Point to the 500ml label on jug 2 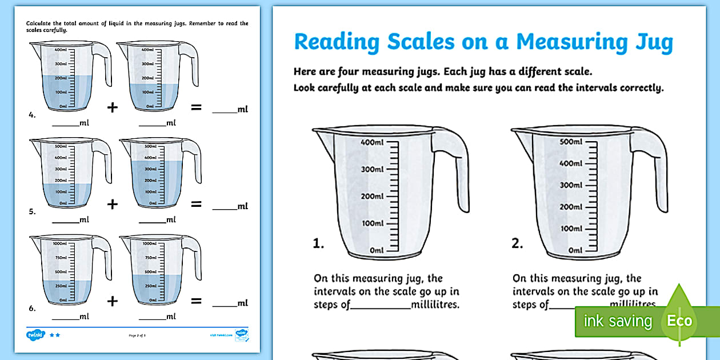coord(570,142)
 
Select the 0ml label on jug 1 coord(376,250)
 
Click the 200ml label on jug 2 coord(570,207)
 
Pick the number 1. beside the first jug coord(318,244)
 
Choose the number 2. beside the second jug coord(517,244)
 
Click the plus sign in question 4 coord(113,107)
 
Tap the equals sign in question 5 coord(196,203)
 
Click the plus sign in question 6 coord(113,301)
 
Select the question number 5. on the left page coord(32,211)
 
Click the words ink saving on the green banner coord(617,321)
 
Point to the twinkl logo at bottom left coord(35,335)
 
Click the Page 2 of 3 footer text coord(139,335)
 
